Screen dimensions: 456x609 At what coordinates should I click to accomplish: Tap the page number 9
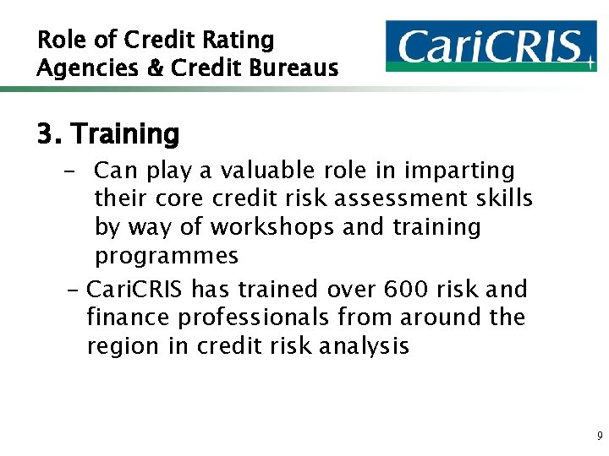click(x=599, y=437)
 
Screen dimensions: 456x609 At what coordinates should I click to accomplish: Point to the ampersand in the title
click(x=155, y=68)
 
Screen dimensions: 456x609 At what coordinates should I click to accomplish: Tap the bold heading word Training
click(x=124, y=134)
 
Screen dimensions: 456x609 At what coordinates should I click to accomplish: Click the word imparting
click(x=462, y=171)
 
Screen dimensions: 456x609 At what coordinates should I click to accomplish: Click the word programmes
click(x=167, y=256)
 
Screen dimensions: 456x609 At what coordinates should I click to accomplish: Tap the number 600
click(x=412, y=290)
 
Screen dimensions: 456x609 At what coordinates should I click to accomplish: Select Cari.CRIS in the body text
click(x=135, y=290)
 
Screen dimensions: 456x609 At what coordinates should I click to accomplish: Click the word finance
click(x=124, y=318)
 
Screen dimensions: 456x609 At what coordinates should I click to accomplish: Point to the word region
click(x=118, y=346)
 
